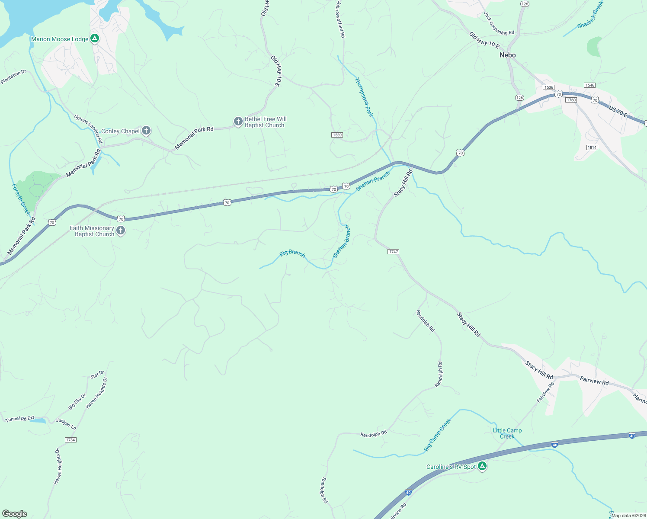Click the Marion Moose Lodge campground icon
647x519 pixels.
[95, 38]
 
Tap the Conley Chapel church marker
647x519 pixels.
[146, 130]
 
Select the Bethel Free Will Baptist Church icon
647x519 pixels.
[238, 122]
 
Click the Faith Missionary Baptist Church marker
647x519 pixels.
[121, 231]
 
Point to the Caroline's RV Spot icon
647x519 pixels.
[482, 466]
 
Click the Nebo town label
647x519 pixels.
[507, 55]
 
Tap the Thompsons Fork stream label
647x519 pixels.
[364, 97]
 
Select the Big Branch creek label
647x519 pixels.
[292, 253]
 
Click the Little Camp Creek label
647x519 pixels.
[507, 433]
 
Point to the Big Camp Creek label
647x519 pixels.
[438, 435]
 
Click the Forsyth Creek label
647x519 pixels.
[21, 199]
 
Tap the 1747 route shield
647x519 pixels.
[393, 252]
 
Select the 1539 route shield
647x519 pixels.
[337, 135]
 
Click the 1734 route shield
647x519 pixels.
[70, 440]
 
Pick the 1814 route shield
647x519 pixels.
[592, 147]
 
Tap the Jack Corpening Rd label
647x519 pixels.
[499, 24]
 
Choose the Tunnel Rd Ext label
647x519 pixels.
[20, 419]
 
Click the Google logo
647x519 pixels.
[15, 513]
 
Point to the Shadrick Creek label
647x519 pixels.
[590, 15]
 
